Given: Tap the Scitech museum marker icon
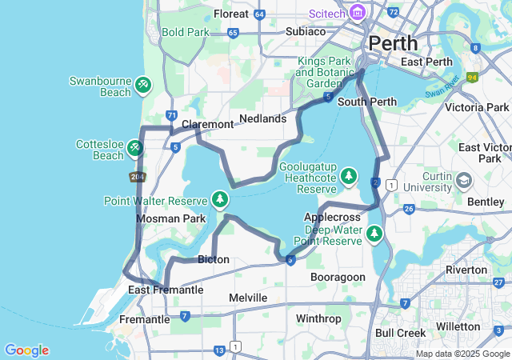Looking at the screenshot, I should pos(358,14).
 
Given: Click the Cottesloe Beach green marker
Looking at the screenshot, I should pos(135,147).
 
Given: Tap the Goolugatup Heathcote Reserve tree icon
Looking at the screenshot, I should pos(349,175).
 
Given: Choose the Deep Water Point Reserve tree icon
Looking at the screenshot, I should pos(374,234).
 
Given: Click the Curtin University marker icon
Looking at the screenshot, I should pos(464,180).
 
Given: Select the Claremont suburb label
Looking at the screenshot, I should pos(207,124).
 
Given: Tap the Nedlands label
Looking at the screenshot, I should pos(262,118).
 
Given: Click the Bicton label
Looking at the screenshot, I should pos(213,259).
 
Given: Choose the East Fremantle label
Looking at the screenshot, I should pos(166,290).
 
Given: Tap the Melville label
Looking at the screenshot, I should pos(248,298).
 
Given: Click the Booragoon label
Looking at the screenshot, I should pos(338,277).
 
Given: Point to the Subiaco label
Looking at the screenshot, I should pos(306,31).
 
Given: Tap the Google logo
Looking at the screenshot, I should pos(26,350).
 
